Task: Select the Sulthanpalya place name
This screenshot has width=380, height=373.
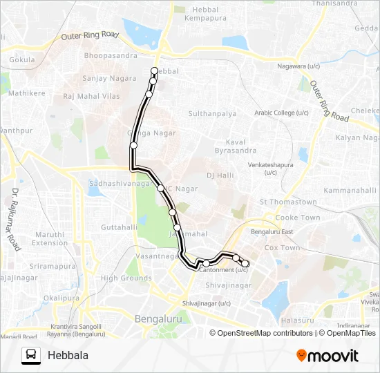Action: click(x=213, y=113)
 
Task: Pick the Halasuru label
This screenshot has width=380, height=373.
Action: click(x=297, y=321)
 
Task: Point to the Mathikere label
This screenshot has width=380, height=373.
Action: click(x=27, y=93)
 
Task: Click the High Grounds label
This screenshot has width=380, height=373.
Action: click(x=126, y=278)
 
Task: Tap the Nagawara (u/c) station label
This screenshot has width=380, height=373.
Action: click(x=298, y=67)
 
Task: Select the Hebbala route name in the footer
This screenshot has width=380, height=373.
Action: click(x=68, y=355)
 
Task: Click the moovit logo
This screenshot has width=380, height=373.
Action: click(x=327, y=355)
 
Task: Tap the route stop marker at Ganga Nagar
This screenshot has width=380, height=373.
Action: click(x=134, y=145)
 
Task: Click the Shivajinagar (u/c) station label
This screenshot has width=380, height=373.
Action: click(x=206, y=303)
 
